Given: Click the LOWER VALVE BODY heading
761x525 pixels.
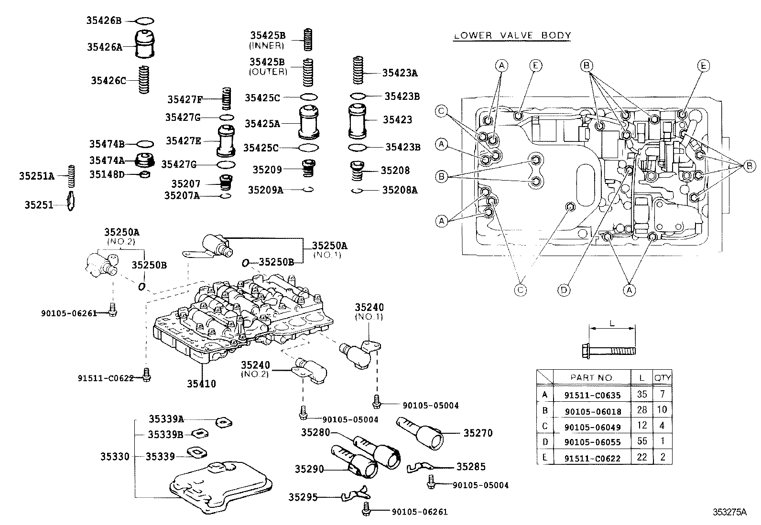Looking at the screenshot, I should tap(511, 35).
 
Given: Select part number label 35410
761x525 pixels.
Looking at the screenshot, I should tap(201, 384).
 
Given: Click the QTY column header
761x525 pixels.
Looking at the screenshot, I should tap(663, 377).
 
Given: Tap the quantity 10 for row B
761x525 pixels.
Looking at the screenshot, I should tap(662, 410).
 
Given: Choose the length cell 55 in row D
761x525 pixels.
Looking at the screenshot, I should tap(641, 442).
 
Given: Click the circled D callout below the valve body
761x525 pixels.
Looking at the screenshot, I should tap(564, 289).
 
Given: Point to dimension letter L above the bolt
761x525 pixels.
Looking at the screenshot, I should tap(612, 323).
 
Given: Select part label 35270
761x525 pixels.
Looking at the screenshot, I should tap(478, 433).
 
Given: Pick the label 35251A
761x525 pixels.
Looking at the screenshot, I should tap(37, 176).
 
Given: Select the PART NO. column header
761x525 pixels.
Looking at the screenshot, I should tap(592, 377).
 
